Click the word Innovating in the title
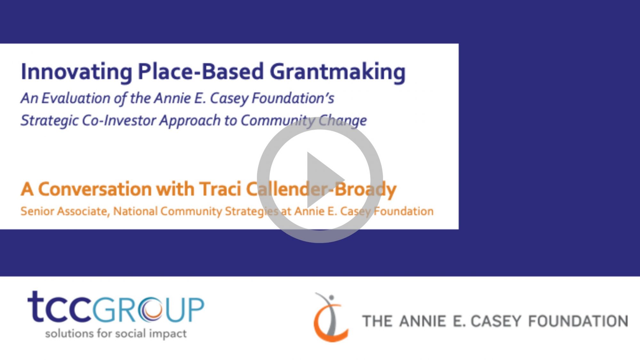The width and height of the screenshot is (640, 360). click(x=76, y=72)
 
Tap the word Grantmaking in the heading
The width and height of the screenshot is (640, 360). click(x=338, y=72)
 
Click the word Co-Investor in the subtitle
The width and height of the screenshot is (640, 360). click(x=119, y=121)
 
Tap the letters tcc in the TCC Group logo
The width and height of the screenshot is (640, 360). click(x=60, y=307)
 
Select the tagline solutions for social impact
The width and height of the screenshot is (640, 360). click(x=116, y=334)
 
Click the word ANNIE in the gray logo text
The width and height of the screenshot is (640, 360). click(x=422, y=321)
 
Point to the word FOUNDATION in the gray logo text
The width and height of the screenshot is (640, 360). click(x=578, y=321)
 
